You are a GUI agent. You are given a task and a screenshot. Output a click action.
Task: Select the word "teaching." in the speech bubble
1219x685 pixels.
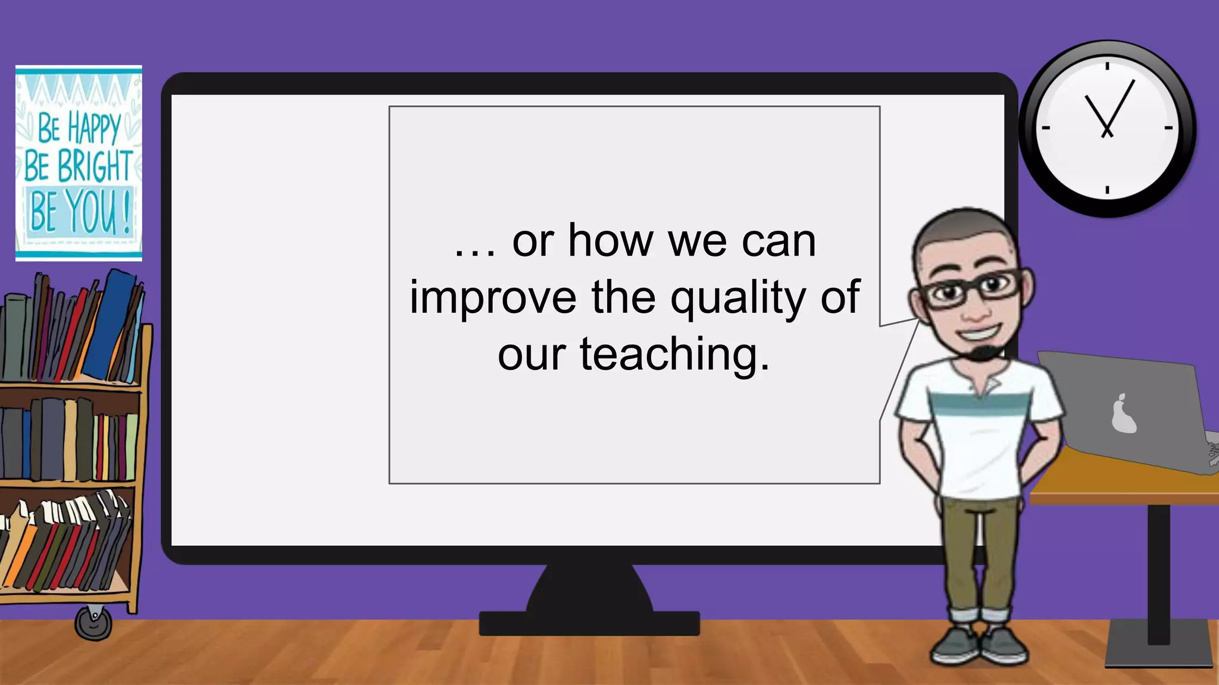pyautogui.click(x=674, y=355)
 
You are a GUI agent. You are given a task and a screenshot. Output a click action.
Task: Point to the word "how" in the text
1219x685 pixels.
pyautogui.click(x=611, y=241)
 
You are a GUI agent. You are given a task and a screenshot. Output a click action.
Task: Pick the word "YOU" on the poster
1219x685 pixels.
pyautogui.click(x=90, y=211)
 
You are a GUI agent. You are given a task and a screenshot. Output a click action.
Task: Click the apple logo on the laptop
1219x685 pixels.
pyautogui.click(x=1123, y=414)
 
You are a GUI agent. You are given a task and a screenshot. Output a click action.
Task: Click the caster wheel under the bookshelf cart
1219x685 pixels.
pyautogui.click(x=93, y=623)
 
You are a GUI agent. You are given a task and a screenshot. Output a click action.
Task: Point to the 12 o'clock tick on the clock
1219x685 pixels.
pyautogui.click(x=1107, y=65)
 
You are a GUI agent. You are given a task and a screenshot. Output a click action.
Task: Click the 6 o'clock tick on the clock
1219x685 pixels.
pyautogui.click(x=1107, y=190)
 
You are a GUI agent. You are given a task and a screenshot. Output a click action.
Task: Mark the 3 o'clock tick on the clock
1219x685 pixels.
pyautogui.click(x=1168, y=128)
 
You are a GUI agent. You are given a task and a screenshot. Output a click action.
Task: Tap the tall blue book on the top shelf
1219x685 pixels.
pyautogui.click(x=110, y=324)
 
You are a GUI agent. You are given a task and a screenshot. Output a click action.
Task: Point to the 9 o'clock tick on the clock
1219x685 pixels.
pyautogui.click(x=1046, y=128)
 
